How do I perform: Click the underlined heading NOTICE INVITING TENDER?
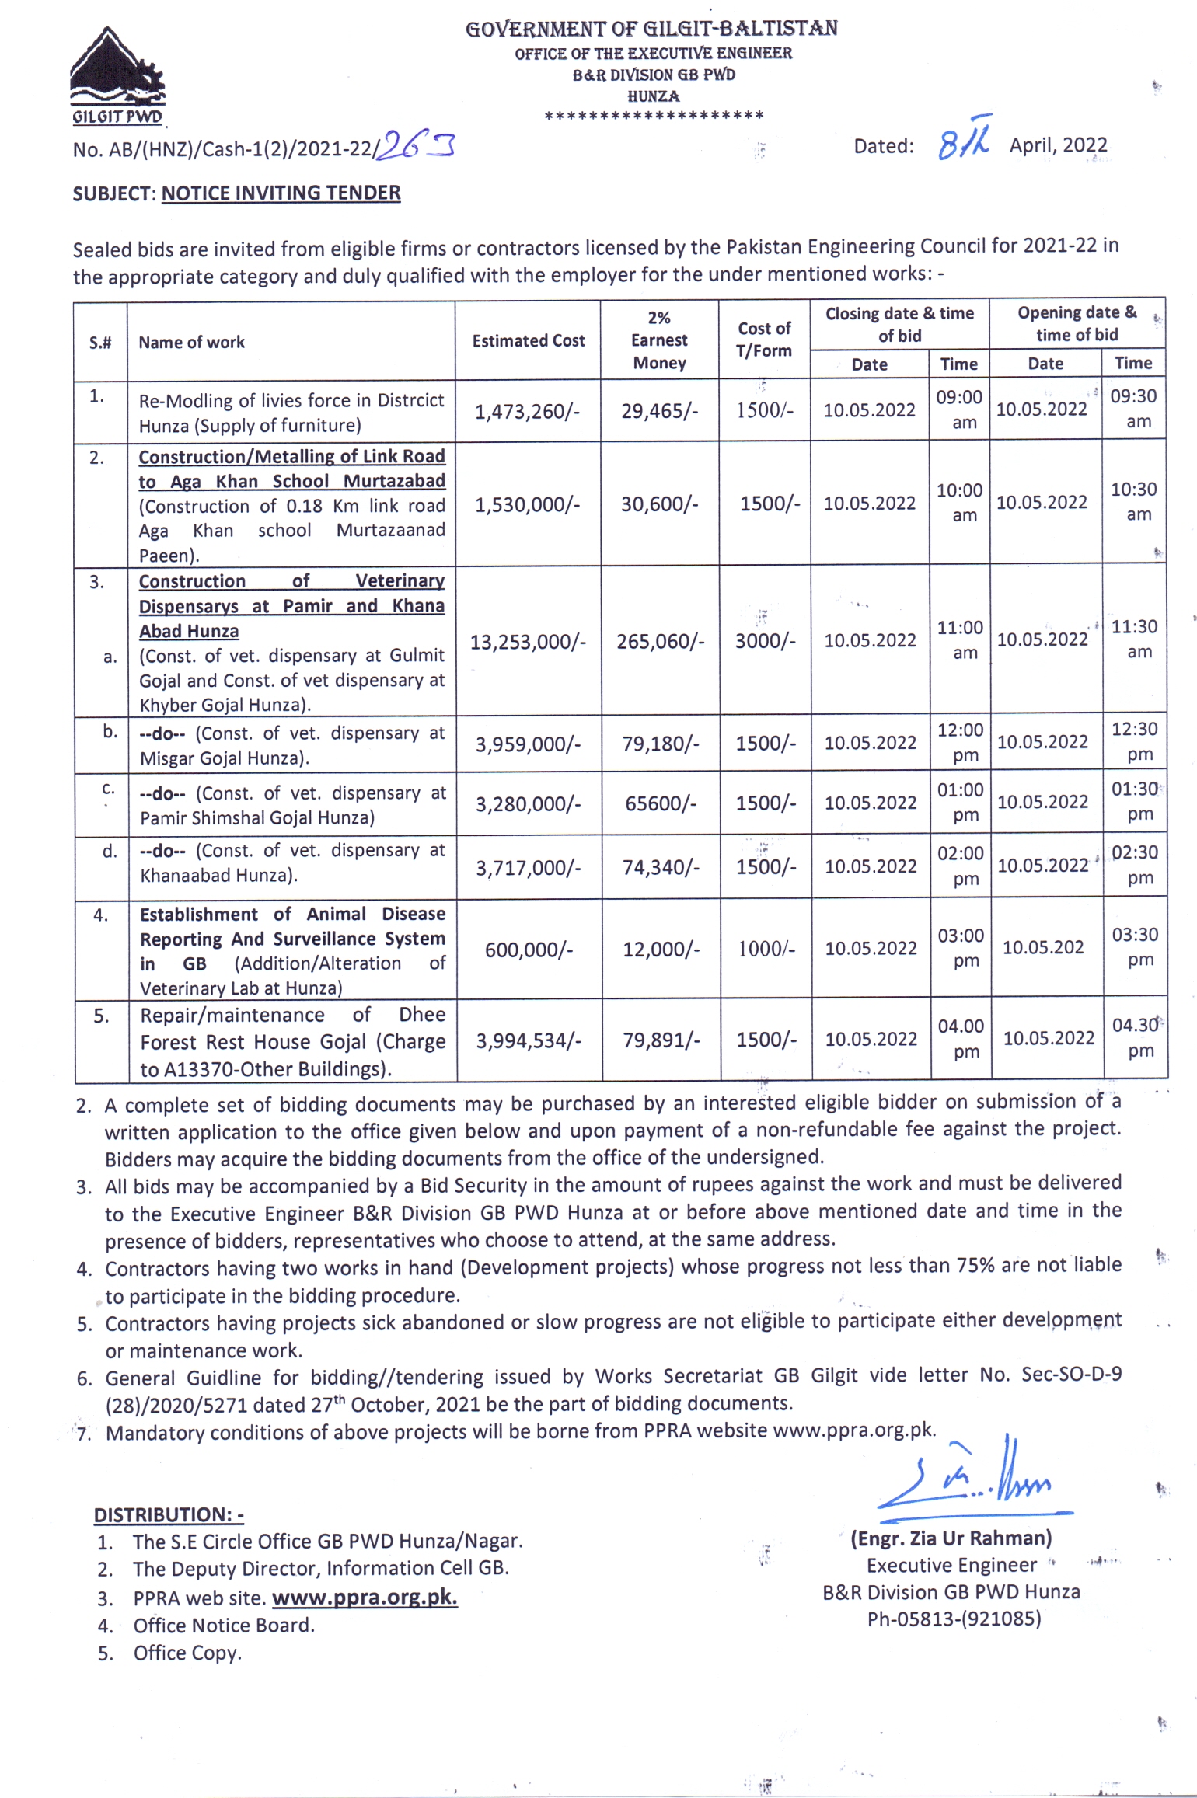point(281,193)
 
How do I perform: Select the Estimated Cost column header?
point(528,340)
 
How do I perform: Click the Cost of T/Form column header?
point(764,340)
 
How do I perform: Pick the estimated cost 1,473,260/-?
point(527,411)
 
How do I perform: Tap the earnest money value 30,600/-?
point(659,504)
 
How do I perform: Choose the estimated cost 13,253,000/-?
point(528,642)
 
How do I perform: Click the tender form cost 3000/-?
point(766,641)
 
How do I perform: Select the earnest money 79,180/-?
point(660,744)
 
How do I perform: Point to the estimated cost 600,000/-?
point(529,950)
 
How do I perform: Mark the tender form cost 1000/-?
point(766,949)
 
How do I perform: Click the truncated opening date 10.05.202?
point(1042,947)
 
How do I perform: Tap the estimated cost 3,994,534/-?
point(529,1040)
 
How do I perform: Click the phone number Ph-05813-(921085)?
point(954,1619)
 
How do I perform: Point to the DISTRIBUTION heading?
point(169,1514)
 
